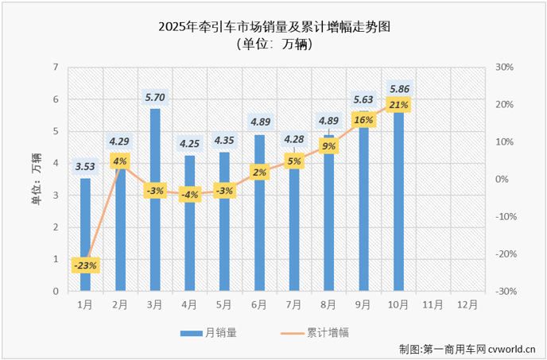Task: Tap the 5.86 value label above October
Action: [398, 88]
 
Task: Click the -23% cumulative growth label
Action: [85, 265]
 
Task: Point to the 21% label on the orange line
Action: [398, 105]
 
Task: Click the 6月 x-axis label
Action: [258, 304]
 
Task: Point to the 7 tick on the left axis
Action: [56, 68]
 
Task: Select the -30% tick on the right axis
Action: [505, 292]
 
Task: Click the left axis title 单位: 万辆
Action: [36, 179]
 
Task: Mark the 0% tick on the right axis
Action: [500, 180]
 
